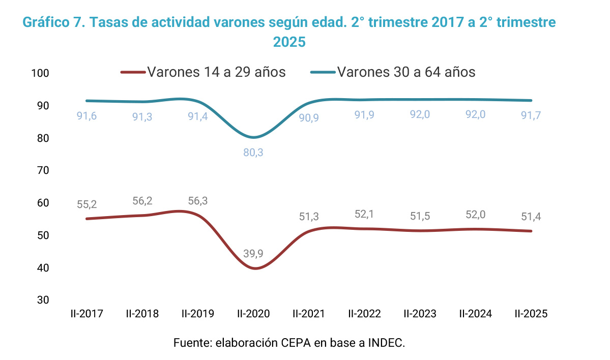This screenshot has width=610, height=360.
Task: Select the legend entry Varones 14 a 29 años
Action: [216, 72]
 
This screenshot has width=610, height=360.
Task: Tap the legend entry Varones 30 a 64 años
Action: [405, 72]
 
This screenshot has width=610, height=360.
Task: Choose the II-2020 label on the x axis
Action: [253, 314]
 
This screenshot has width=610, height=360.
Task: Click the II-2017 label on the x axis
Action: [86, 314]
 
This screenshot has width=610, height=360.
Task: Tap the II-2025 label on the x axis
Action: [531, 314]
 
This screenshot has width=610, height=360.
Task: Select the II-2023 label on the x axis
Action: [420, 314]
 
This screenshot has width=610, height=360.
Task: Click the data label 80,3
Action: [253, 153]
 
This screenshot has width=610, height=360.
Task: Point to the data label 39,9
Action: [253, 254]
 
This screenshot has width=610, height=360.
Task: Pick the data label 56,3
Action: [197, 201]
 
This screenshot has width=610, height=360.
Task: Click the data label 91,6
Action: [86, 116]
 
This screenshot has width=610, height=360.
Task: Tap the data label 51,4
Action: [531, 217]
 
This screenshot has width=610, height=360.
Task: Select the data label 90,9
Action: [309, 117]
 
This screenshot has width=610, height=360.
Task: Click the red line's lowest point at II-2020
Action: [254, 268]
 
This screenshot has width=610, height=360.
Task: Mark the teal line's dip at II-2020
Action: [253, 137]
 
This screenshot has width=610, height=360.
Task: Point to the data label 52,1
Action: [364, 215]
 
